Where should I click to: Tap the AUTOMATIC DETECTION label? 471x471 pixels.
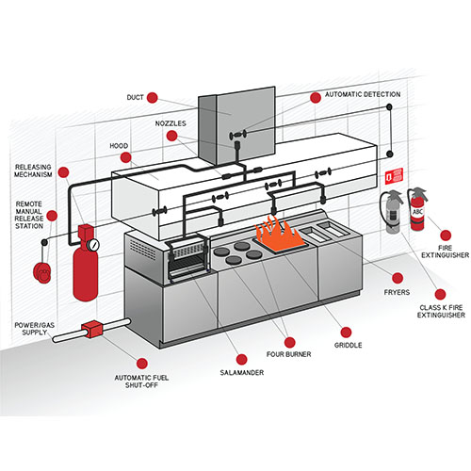point(362,95)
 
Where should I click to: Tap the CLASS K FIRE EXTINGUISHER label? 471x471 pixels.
point(440,312)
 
